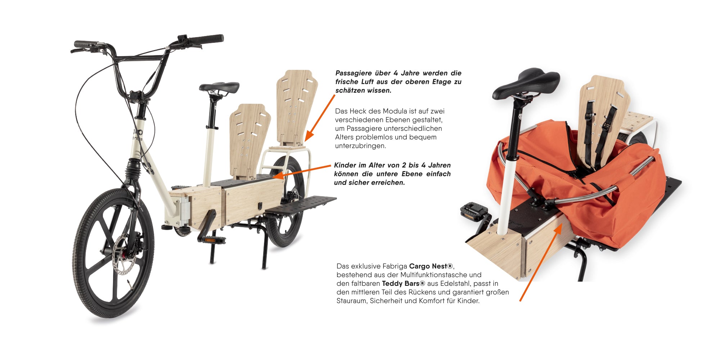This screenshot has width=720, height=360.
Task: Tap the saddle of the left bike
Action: pos(219,87)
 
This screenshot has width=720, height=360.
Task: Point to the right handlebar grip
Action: pos(207,39)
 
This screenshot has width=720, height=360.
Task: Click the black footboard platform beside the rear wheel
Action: pos(301,205)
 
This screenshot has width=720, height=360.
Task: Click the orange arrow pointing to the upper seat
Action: pos(320,118)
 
